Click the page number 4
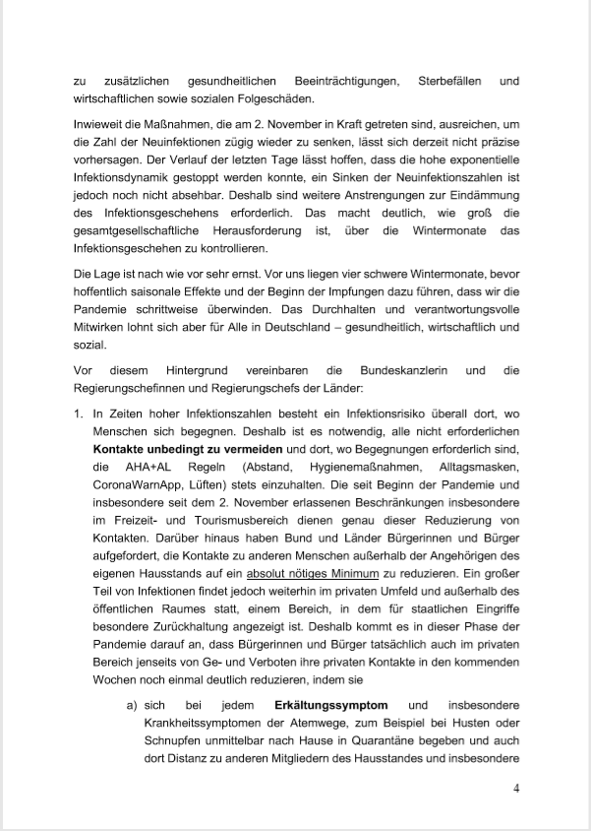tap(516, 788)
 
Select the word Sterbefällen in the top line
tap(442, 80)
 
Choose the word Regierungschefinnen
tap(136, 389)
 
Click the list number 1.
tap(79, 416)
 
